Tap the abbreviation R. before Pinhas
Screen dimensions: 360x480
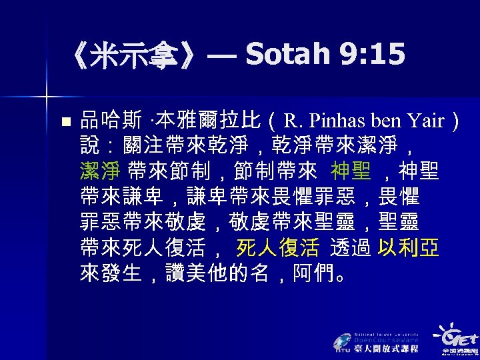point(293,121)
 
